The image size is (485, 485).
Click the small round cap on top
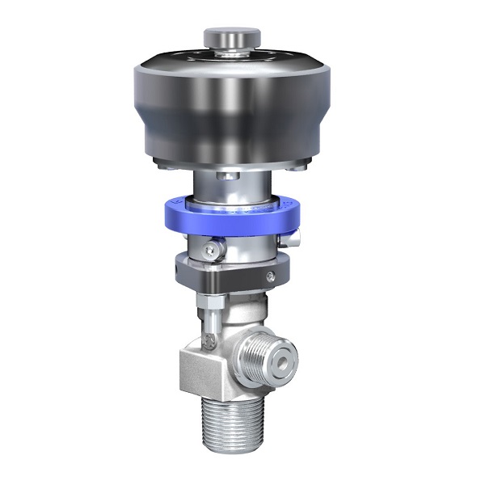pyautogui.click(x=231, y=37)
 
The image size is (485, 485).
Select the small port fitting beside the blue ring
pyautogui.click(x=296, y=238)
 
